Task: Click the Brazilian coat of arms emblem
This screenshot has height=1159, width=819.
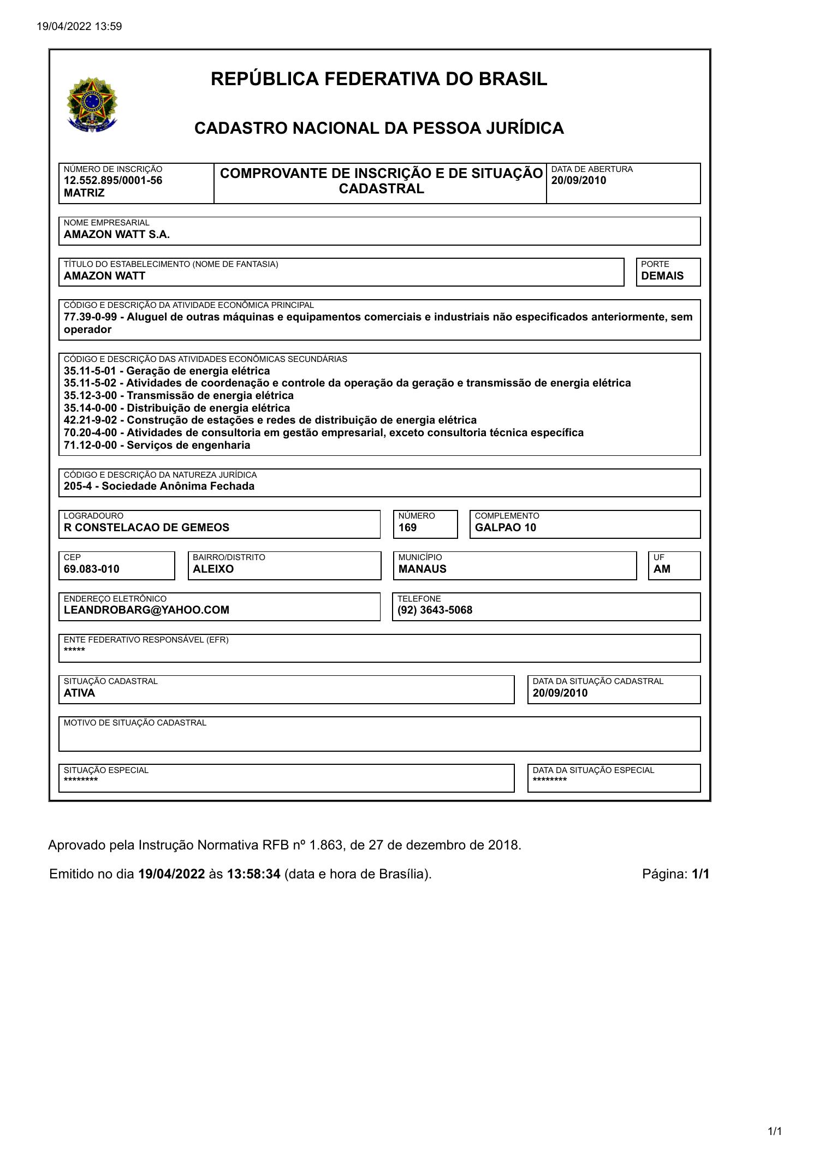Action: (92, 104)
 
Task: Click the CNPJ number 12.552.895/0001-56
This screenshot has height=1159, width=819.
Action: (113, 181)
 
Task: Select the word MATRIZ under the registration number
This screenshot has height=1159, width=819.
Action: (84, 193)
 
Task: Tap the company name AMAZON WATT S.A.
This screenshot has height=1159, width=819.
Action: (117, 235)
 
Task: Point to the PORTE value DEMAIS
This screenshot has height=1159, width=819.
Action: (662, 276)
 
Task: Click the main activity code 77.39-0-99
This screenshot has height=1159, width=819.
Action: (90, 317)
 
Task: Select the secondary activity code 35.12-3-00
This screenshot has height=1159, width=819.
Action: (90, 395)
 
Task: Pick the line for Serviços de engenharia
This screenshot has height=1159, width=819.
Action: (157, 445)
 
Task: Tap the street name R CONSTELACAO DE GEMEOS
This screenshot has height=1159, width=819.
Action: (146, 527)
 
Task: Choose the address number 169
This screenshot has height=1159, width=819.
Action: (407, 527)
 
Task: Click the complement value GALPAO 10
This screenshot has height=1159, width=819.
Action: (506, 527)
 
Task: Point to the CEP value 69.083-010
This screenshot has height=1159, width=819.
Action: (92, 569)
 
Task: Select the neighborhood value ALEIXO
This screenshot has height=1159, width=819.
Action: (213, 569)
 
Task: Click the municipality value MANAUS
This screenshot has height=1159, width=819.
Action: (422, 569)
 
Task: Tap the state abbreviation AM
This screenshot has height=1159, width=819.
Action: (662, 569)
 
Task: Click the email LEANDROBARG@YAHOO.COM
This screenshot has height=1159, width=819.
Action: (146, 610)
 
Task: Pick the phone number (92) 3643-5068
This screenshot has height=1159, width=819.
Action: (435, 610)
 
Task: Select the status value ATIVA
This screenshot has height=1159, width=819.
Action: (80, 693)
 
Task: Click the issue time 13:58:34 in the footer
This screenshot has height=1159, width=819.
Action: (254, 874)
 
